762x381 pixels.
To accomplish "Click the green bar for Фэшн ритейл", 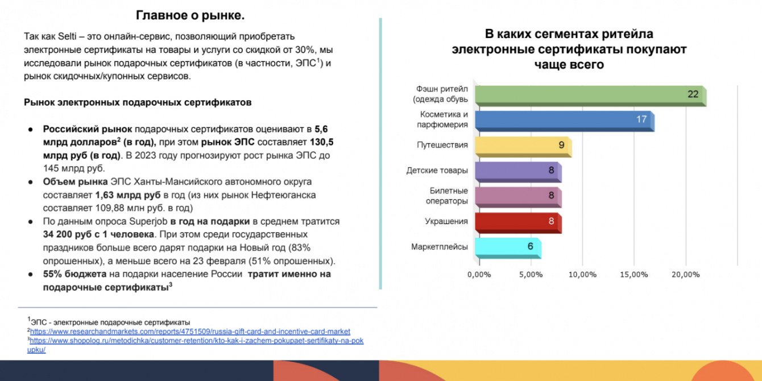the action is point(590,96).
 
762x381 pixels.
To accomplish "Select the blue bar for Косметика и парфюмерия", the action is point(565,121).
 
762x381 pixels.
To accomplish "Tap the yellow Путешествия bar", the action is point(523,147).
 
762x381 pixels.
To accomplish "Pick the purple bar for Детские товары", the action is point(518,172).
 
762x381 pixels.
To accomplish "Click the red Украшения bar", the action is point(518,223).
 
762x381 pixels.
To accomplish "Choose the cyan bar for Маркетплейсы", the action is point(508,248).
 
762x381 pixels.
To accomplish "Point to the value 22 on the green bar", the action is point(693,94).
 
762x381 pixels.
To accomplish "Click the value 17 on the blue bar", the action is point(641,119).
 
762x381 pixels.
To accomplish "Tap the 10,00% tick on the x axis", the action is point(582,275).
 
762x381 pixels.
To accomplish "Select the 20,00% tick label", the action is point(685,275).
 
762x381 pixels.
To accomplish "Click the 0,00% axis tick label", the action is point(479,275).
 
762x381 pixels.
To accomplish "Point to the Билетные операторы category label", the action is point(446,196).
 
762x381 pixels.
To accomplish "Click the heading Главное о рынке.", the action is point(190,15).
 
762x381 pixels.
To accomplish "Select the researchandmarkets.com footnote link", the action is point(190,332).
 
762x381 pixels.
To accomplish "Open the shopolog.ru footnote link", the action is point(195,345).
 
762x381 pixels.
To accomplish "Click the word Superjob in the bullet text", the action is point(148,221).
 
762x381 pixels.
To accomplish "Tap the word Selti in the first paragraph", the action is point(67,36).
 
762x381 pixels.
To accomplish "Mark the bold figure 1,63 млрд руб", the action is point(128,195).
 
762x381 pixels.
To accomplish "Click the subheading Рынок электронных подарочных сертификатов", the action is point(138,102).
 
